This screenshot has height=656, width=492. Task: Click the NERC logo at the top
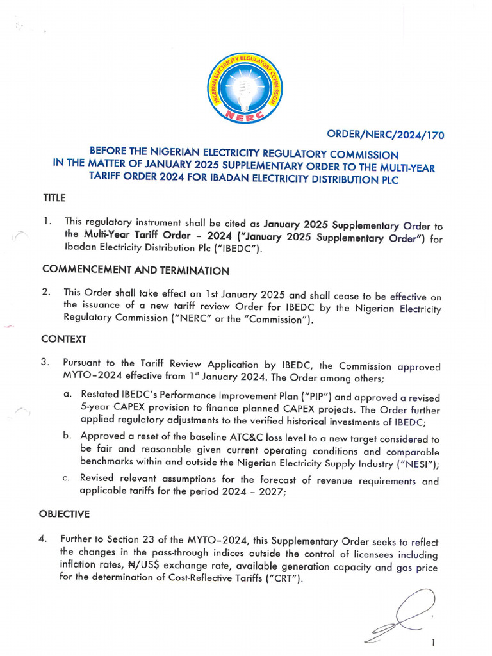[245, 86]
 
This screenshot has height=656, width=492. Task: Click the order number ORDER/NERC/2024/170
[386, 135]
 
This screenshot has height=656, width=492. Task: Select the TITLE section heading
[54, 198]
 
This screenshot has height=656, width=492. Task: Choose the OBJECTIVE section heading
[64, 514]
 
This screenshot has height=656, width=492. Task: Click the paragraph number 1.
[47, 221]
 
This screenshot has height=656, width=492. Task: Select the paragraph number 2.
[46, 292]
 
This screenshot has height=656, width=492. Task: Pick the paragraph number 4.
[43, 539]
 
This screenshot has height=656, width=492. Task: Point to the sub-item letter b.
[67, 435]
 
